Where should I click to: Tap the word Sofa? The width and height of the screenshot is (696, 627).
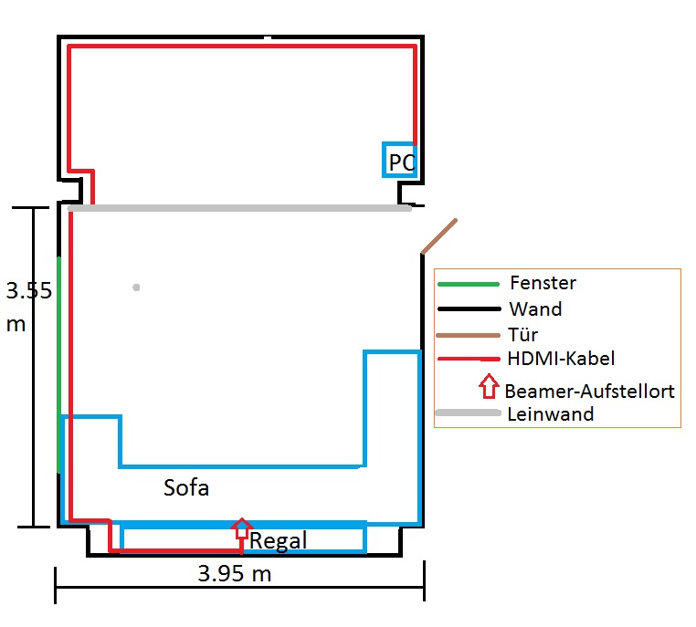[186, 487]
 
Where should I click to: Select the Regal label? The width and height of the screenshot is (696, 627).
[278, 541]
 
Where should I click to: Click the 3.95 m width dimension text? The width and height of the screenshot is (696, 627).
[235, 574]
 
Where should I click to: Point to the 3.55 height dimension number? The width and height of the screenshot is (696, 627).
[28, 291]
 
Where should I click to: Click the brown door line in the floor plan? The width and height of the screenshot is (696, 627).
[439, 235]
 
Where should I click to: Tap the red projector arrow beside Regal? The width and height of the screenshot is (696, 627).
[241, 528]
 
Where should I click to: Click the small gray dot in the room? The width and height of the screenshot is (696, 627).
[136, 287]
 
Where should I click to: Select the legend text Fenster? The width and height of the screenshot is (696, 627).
[543, 283]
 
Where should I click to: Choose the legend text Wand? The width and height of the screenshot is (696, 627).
[535, 309]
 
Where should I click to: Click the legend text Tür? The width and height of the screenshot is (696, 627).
[524, 335]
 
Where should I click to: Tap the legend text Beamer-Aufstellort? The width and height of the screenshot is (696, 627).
[589, 392]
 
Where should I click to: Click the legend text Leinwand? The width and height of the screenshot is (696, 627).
[550, 414]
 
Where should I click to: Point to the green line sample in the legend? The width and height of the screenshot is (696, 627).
[469, 283]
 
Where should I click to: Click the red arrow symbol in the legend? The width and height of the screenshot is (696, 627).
[489, 385]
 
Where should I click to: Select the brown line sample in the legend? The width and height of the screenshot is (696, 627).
[469, 335]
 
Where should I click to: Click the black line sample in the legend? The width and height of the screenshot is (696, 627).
[469, 309]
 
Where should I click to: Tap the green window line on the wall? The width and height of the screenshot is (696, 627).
[59, 365]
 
